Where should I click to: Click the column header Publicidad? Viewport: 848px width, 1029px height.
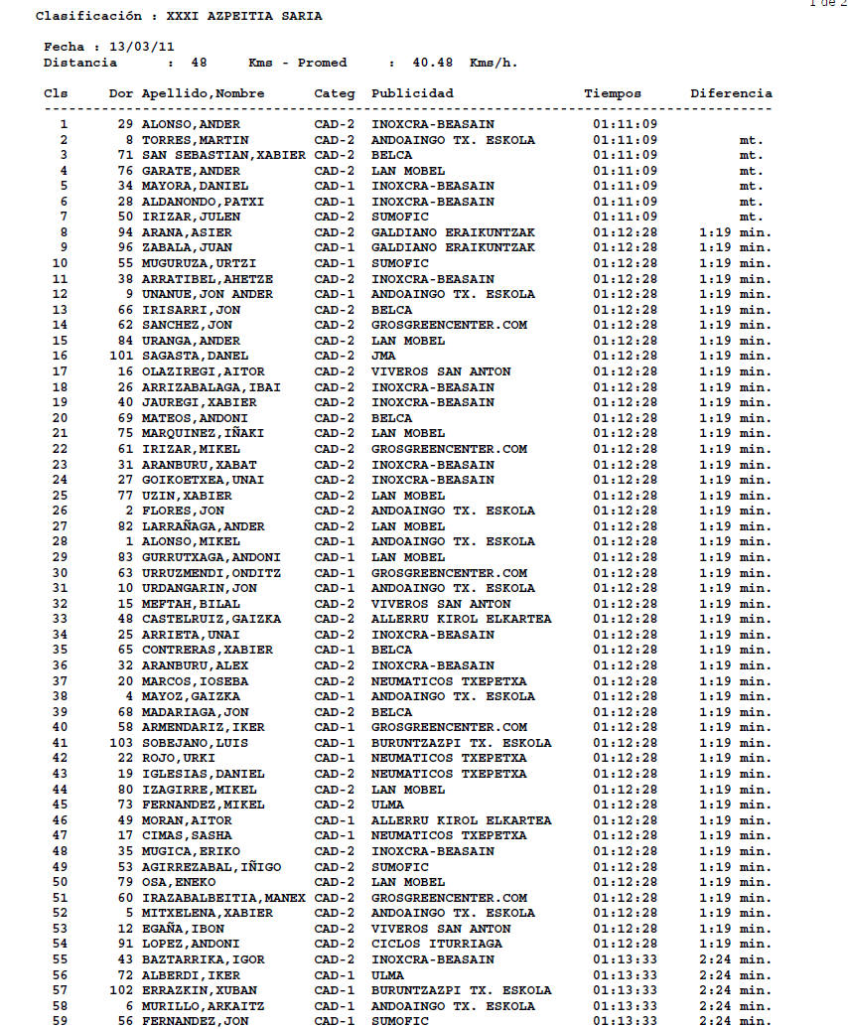pyautogui.click(x=412, y=93)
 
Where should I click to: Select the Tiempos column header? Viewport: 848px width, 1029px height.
pyautogui.click(x=613, y=93)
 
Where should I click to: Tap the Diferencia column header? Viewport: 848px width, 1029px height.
pyautogui.click(x=731, y=93)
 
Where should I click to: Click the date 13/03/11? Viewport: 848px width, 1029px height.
pyautogui.click(x=145, y=47)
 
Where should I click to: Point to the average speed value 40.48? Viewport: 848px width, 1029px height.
pyautogui.click(x=433, y=63)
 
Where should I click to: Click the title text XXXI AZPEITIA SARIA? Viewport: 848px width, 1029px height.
pyautogui.click(x=243, y=16)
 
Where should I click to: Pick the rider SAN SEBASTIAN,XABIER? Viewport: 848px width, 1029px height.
pyautogui.click(x=223, y=155)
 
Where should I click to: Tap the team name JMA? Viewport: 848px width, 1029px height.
pyautogui.click(x=383, y=356)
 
